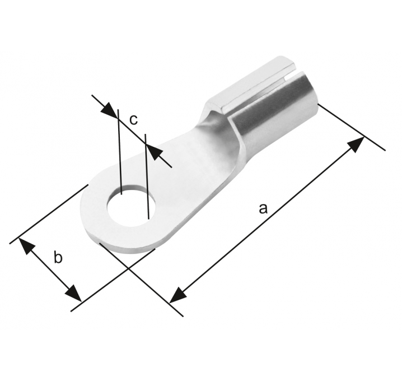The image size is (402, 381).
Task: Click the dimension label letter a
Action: pyautogui.click(x=263, y=208)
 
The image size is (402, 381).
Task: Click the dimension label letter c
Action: pyautogui.click(x=133, y=119)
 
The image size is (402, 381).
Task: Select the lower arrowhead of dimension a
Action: pyautogui.click(x=178, y=295)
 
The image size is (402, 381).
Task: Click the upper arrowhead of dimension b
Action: pyautogui.click(x=27, y=246)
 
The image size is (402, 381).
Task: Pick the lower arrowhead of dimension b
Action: pyautogui.click(x=73, y=293)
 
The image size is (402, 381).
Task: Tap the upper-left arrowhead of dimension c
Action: pyautogui.click(x=109, y=110)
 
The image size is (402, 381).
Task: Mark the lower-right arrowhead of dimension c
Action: pyautogui.click(x=154, y=152)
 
